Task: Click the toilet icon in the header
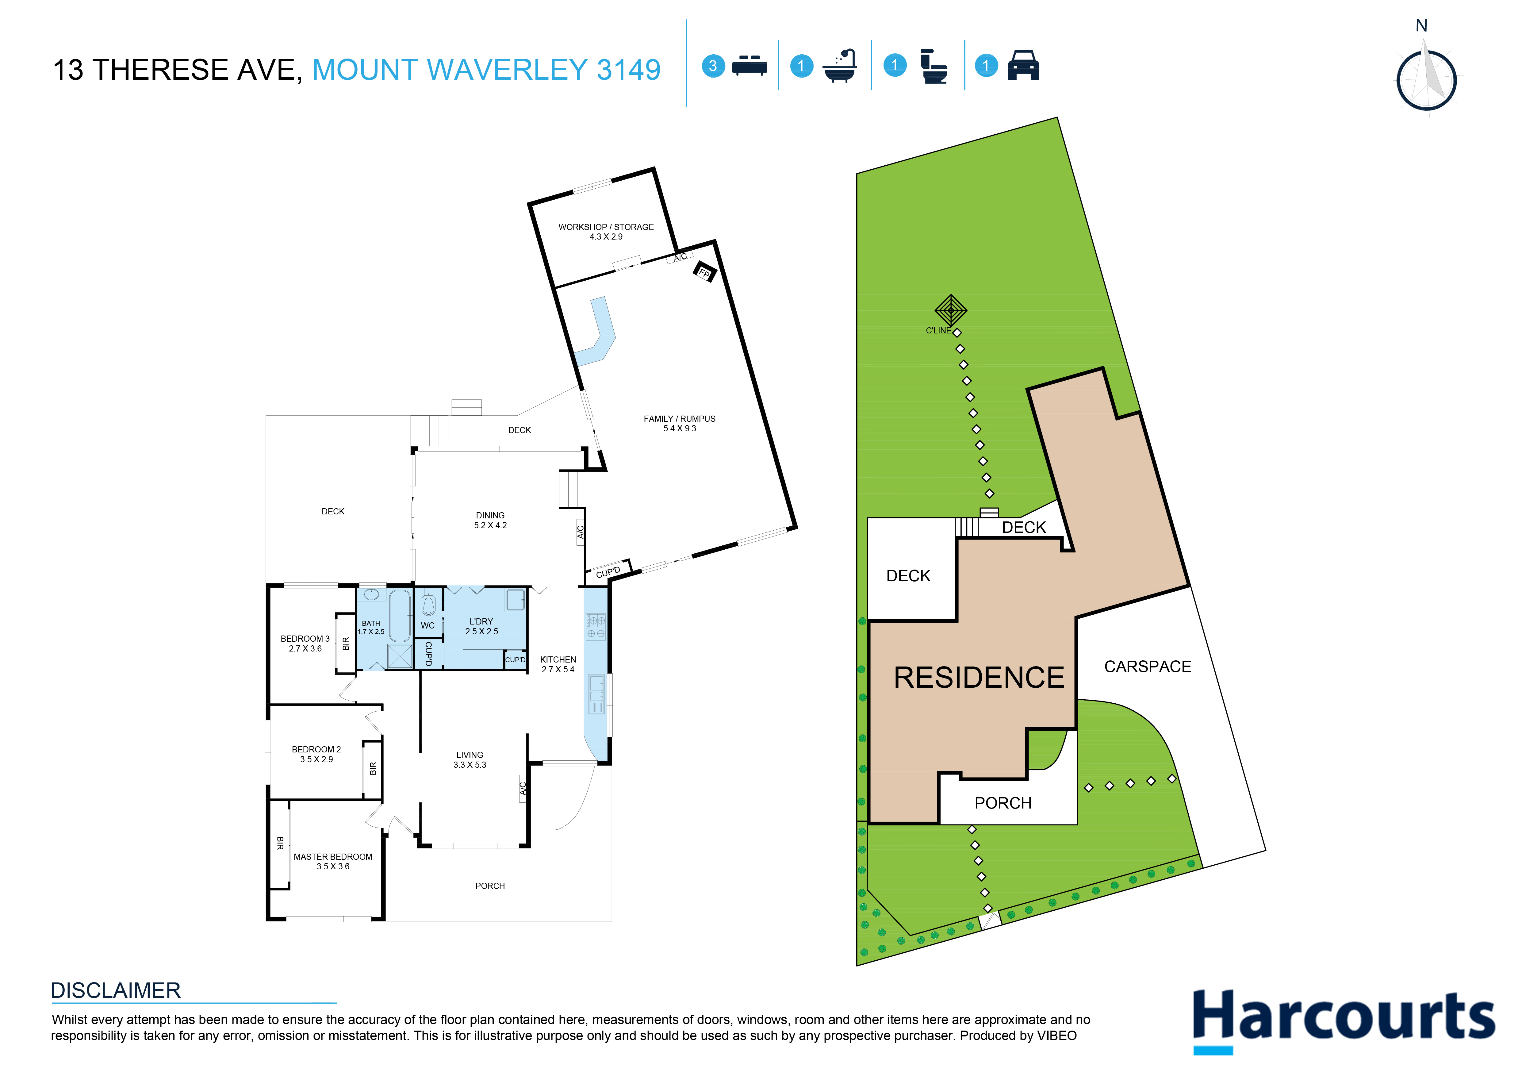pyautogui.click(x=934, y=66)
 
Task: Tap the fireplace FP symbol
pyautogui.click(x=704, y=272)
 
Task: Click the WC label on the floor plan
pyautogui.click(x=427, y=625)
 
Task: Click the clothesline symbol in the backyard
pyautogui.click(x=951, y=310)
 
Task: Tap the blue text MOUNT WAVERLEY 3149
pyautogui.click(x=486, y=70)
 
